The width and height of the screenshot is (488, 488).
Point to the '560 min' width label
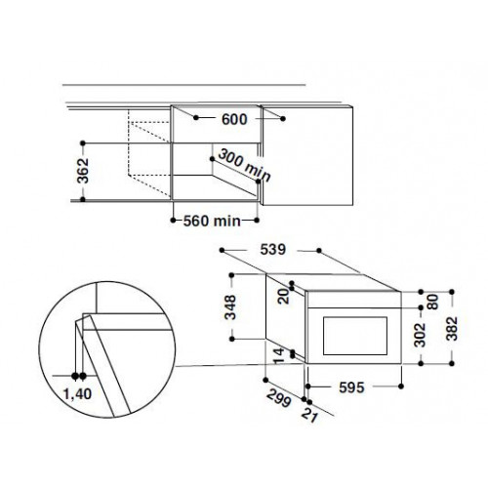click(212, 221)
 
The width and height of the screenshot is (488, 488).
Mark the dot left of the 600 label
click(198, 118)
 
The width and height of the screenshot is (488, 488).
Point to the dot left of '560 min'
click(176, 220)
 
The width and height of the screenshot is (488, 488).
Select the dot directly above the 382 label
click(455, 291)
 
